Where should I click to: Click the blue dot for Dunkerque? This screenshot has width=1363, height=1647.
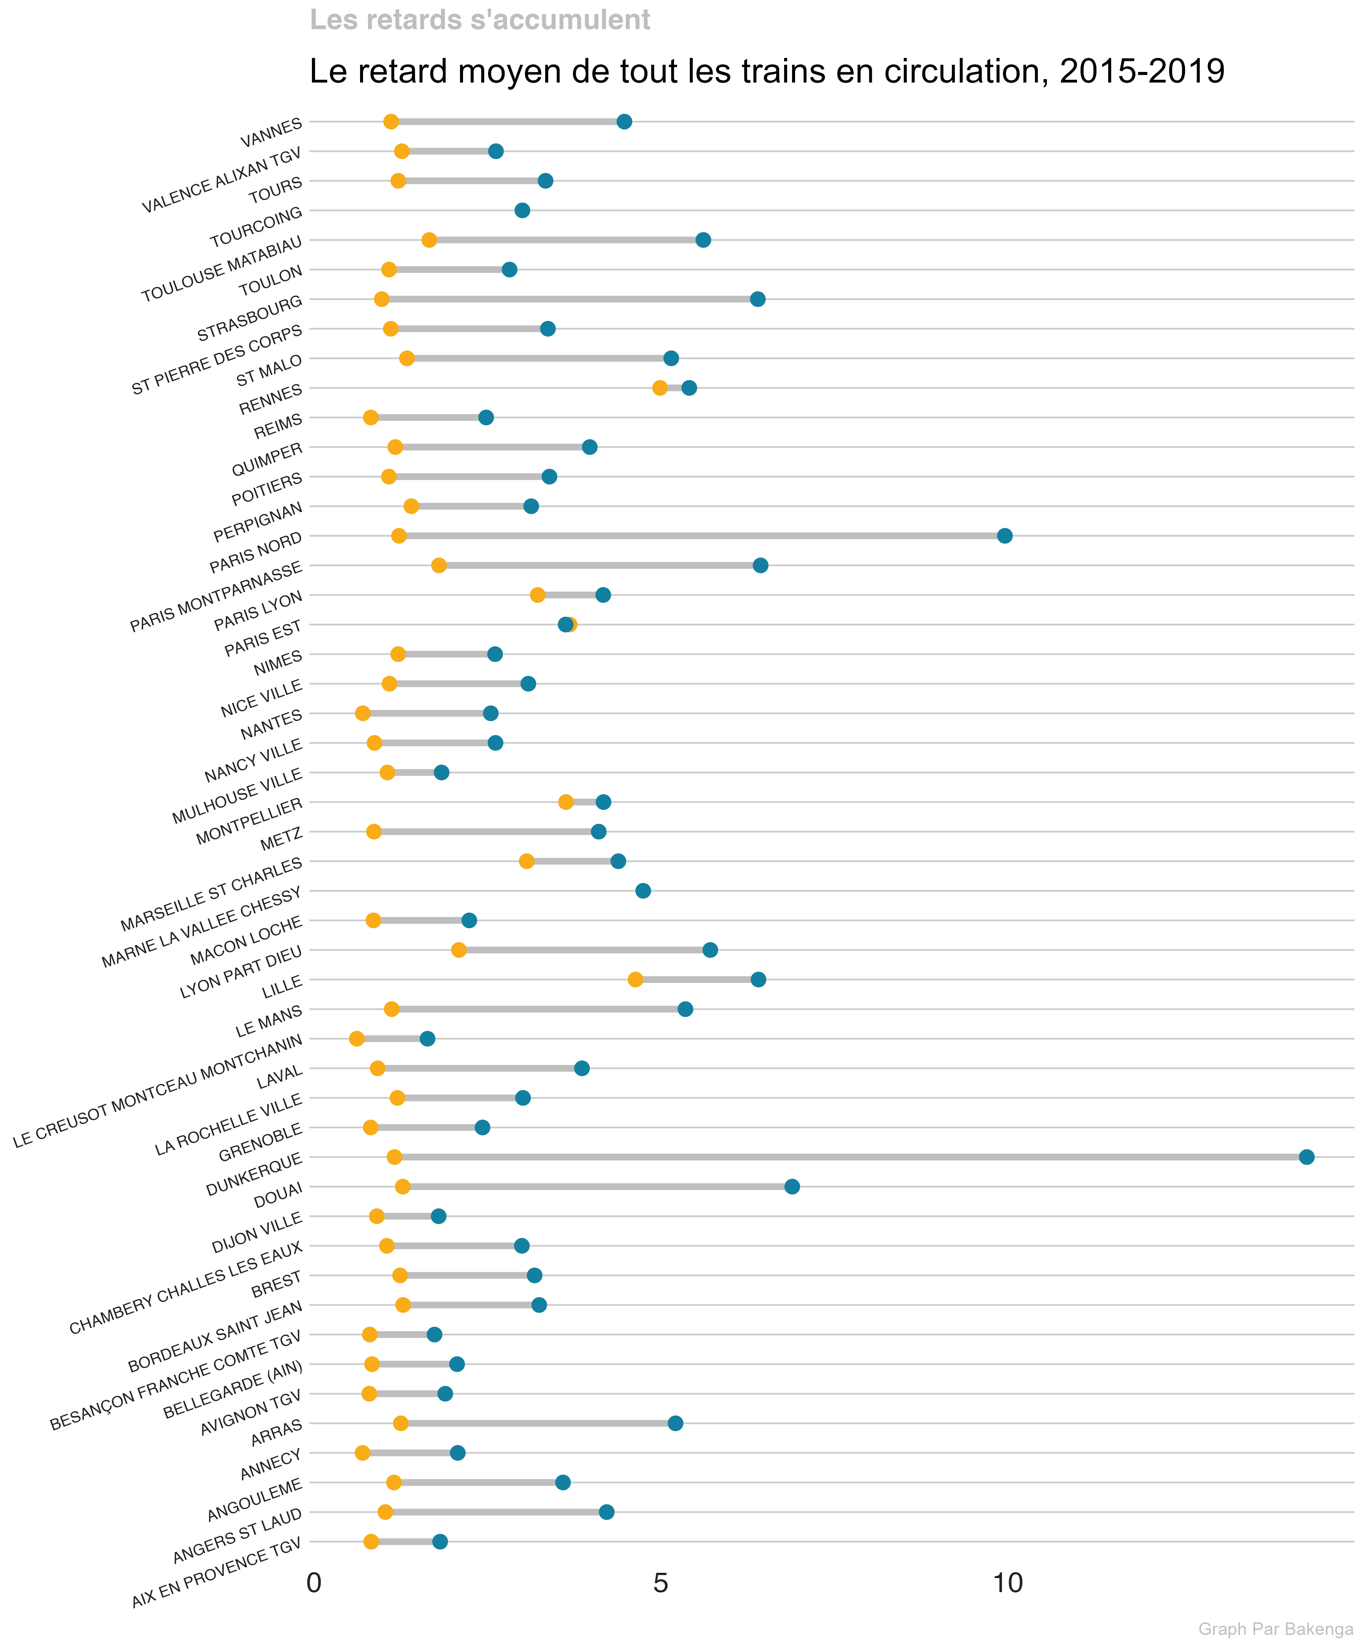(1306, 1157)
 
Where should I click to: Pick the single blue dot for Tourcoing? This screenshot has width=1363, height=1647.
(521, 210)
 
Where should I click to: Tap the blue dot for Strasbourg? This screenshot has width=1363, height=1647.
(757, 299)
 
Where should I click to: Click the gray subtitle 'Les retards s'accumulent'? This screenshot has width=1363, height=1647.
(480, 20)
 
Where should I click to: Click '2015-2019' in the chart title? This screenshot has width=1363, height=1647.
(1141, 71)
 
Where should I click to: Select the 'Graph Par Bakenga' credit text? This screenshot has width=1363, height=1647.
(1275, 1629)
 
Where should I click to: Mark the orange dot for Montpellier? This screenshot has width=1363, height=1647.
(565, 802)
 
